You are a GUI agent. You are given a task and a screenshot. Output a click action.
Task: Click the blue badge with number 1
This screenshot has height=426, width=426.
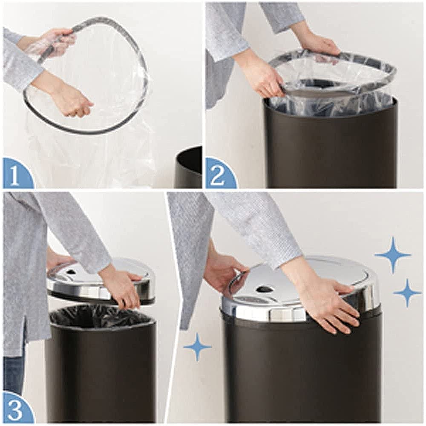[x=16, y=175]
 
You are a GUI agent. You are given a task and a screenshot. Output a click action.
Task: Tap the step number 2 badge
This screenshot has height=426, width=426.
[x=219, y=175]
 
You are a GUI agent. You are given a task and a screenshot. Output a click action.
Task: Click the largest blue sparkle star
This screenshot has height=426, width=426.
[x=393, y=255]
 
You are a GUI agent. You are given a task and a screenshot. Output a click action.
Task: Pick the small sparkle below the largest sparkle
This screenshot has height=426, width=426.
[x=407, y=293]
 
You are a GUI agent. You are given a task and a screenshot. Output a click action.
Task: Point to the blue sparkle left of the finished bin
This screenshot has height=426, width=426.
[x=197, y=347]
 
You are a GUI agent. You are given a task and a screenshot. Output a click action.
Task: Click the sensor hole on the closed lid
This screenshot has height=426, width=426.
[x=265, y=289]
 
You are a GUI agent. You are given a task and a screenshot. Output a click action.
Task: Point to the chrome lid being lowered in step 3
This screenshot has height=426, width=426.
[x=98, y=283]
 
